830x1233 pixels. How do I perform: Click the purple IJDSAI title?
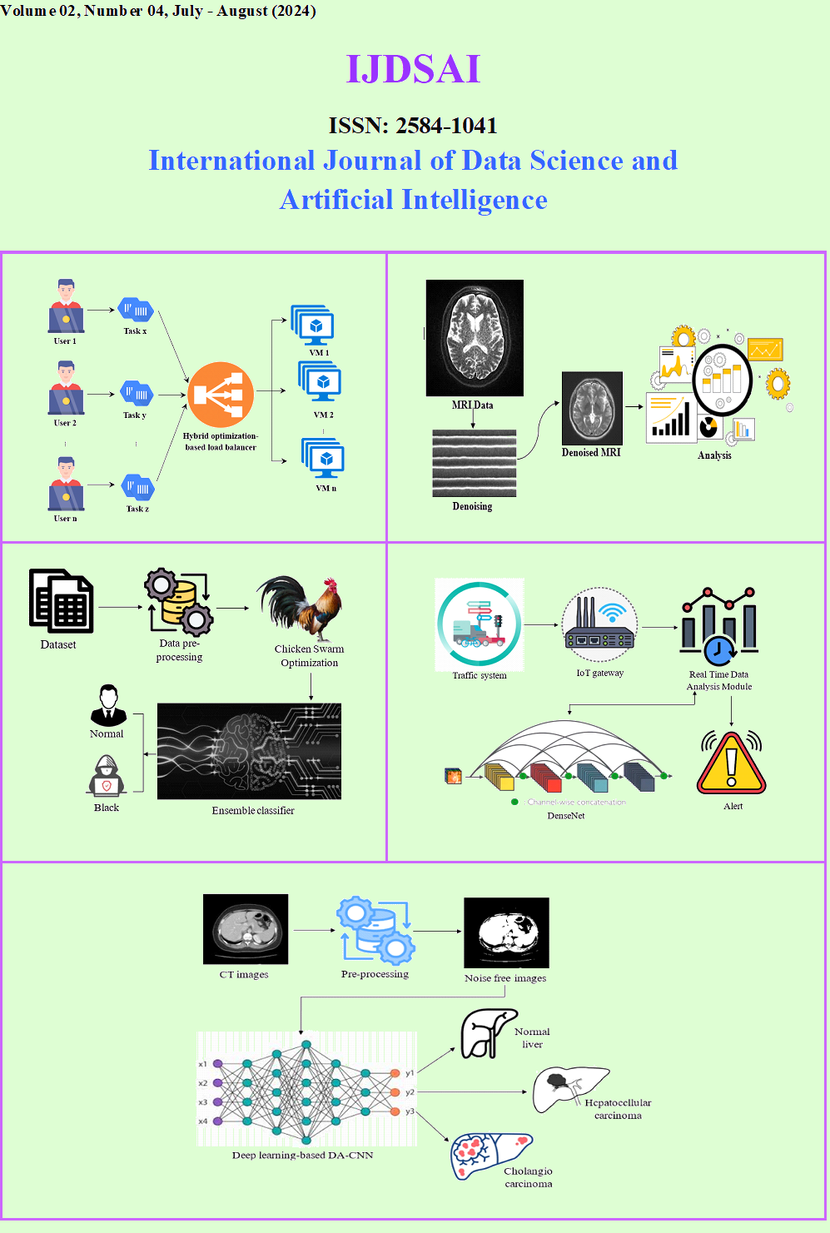click(413, 69)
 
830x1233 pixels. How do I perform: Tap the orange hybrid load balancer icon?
click(221, 395)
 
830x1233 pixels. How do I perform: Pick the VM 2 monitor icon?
click(320, 383)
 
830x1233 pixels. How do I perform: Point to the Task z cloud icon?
click(137, 487)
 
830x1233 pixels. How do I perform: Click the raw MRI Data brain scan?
click(475, 337)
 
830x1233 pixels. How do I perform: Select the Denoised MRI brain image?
click(592, 409)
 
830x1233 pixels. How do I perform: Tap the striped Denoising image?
click(474, 463)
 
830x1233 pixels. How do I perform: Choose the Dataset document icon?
click(61, 601)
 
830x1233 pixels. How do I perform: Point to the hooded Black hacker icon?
click(107, 777)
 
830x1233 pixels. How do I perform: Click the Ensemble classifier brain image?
click(249, 752)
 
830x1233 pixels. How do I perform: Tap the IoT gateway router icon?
click(599, 624)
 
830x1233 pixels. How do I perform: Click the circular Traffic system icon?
click(479, 624)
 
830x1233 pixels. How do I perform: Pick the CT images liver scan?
click(246, 929)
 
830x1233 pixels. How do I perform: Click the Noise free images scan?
click(506, 932)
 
